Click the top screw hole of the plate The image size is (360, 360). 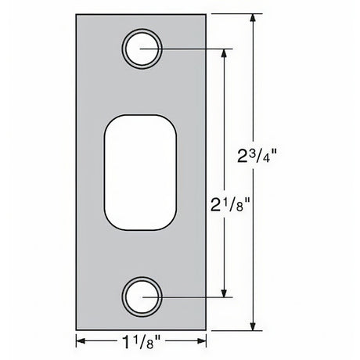point(142,48)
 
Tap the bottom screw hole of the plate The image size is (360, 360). point(142,297)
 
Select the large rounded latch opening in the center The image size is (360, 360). point(142,172)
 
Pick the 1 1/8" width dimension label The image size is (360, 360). point(142,341)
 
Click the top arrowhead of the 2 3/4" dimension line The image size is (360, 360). point(252,17)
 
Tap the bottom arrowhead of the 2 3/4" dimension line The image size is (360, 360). point(252,327)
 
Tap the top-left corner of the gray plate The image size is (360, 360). point(77,13)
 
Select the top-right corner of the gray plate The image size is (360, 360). point(207,13)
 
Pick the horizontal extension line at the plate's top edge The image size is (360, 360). point(235,13)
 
